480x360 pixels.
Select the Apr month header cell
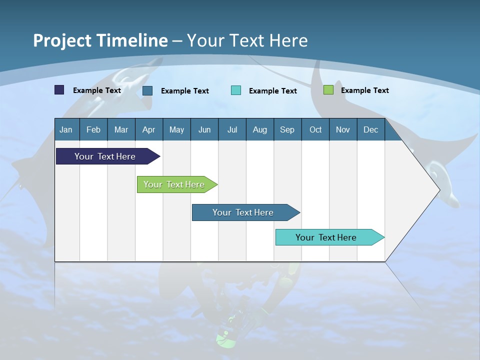[148, 129]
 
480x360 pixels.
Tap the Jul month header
[232, 129]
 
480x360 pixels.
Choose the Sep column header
[287, 129]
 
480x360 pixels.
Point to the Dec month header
[370, 129]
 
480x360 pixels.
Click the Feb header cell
[93, 129]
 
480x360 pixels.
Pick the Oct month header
[315, 129]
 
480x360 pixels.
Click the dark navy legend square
[59, 90]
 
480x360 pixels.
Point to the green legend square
[328, 90]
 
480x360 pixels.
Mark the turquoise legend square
[236, 90]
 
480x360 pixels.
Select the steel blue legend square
[147, 90]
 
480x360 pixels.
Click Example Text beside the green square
[364, 90]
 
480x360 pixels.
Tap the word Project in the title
[63, 40]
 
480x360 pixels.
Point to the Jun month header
[204, 129]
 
